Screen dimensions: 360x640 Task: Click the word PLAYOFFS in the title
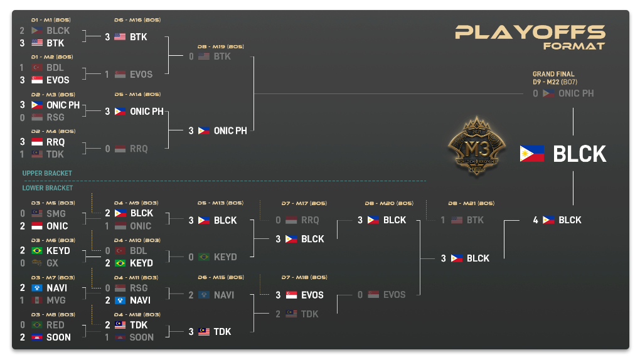coord(530,32)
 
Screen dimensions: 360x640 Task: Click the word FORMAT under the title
coord(574,46)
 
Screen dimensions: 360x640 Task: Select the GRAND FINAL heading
coord(553,74)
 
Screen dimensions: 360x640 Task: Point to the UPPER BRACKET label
coord(47,173)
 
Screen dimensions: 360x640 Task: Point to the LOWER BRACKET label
coord(48,188)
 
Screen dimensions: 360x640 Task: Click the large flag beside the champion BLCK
coord(532,154)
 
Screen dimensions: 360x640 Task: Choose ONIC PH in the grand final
coord(576,93)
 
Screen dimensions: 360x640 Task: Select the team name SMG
coord(56,214)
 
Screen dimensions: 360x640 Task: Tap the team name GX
coord(53,263)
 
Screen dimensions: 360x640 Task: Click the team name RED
coord(55,325)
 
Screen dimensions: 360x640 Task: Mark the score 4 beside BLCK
coord(535,220)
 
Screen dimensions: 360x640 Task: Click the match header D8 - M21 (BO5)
coord(471,203)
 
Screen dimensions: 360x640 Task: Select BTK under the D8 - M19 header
coord(222,56)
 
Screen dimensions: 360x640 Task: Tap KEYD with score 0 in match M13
coord(225,257)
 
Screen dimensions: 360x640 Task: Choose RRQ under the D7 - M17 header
coord(310,220)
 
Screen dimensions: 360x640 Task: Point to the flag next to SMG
coord(36,214)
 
